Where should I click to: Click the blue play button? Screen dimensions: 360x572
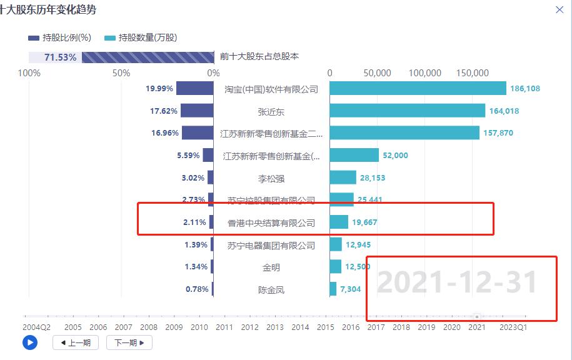(29, 342)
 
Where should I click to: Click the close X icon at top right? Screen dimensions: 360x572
(559, 9)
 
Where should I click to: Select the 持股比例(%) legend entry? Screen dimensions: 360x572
(60, 38)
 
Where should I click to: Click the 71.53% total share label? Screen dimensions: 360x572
(61, 57)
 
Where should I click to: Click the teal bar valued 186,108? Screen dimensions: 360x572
(418, 89)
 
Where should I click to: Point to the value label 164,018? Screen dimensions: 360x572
(505, 111)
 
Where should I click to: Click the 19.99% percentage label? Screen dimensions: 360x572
(159, 89)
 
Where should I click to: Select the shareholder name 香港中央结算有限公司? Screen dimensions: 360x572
(271, 223)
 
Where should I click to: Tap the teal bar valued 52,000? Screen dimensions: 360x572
(354, 156)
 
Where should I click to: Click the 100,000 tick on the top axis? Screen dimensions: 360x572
(424, 73)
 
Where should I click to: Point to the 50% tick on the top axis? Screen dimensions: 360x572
(121, 73)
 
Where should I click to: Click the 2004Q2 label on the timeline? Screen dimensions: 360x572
(37, 327)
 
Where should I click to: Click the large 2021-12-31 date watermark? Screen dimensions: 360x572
(457, 282)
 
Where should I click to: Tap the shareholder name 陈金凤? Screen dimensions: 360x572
(271, 290)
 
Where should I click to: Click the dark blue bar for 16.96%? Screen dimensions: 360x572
(198, 133)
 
